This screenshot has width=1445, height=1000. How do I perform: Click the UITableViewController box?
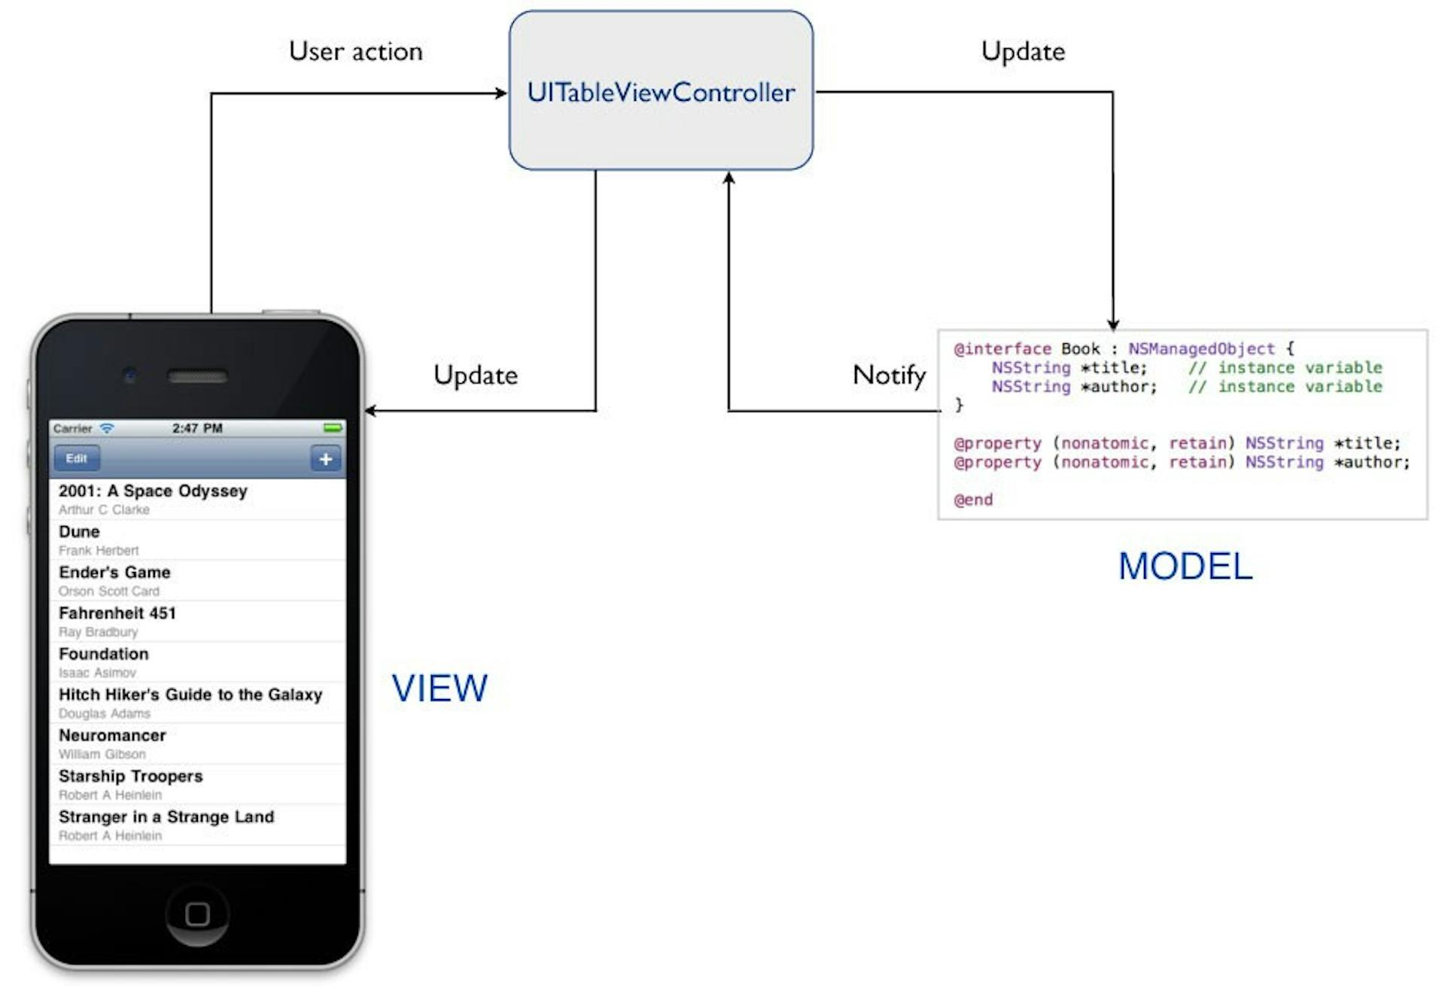(661, 90)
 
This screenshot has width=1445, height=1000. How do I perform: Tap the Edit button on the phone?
(76, 458)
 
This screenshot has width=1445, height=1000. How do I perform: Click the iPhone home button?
(197, 913)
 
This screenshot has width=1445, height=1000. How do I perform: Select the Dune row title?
(79, 532)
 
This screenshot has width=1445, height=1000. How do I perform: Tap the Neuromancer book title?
(112, 735)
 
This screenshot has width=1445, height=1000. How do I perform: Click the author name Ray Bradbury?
(98, 632)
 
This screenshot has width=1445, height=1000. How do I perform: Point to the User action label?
(355, 52)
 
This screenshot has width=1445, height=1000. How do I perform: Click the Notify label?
(889, 375)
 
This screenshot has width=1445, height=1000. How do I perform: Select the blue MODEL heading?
(1185, 567)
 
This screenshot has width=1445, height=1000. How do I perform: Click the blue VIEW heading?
(440, 688)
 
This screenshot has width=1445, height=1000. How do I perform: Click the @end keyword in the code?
(973, 500)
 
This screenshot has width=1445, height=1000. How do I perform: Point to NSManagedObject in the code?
(1201, 349)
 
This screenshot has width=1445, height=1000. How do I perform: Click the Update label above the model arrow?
(1023, 52)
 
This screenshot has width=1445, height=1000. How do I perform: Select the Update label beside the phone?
(476, 375)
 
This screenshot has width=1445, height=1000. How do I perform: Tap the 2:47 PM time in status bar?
(197, 428)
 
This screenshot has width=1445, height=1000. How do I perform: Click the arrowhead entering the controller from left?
(501, 93)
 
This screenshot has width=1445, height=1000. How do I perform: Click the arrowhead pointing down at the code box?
(1113, 324)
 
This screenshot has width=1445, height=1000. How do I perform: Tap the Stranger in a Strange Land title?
(166, 817)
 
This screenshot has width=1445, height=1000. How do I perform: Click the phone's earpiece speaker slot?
(197, 376)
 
